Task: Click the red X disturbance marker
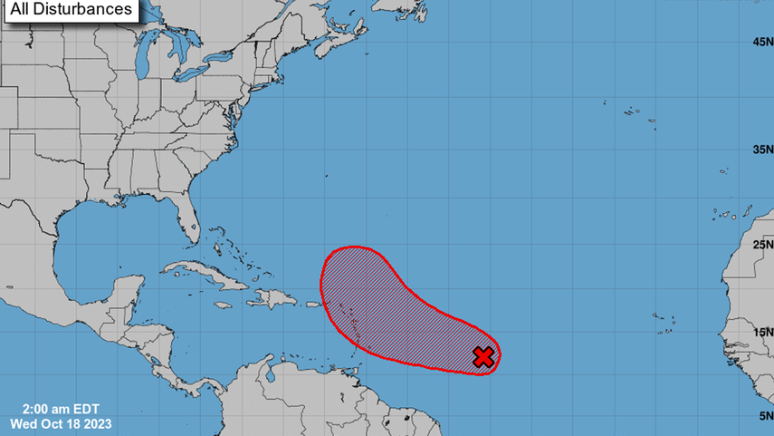[x=484, y=356]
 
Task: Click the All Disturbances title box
[x=71, y=10]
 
